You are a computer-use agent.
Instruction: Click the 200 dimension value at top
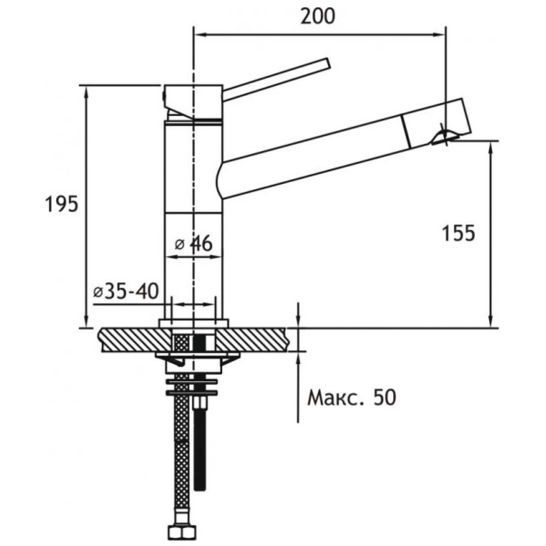coord(318,16)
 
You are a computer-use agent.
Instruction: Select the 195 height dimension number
coord(62,205)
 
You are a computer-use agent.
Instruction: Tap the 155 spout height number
coord(458,233)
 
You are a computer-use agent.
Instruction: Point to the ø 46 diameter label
coord(194,244)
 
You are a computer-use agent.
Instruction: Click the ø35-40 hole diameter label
coord(125,291)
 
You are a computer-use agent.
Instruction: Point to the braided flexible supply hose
coord(182,455)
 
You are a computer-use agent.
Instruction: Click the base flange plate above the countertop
coord(193,323)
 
